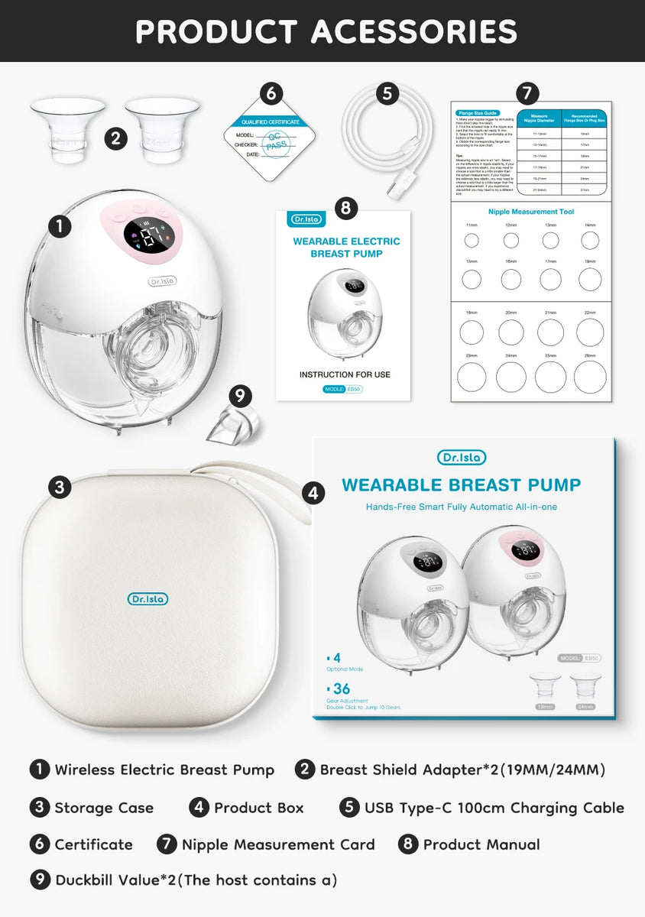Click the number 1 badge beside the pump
(x=60, y=225)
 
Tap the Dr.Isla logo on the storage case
(x=147, y=599)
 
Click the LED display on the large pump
(x=145, y=238)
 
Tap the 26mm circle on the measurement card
(x=590, y=377)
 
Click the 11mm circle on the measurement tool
(x=472, y=241)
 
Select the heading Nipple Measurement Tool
(x=531, y=212)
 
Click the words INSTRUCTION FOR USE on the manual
(x=345, y=374)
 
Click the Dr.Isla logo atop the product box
(x=461, y=458)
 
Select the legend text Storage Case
(x=104, y=808)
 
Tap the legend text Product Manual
(x=481, y=844)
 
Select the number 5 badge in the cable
(x=387, y=93)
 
